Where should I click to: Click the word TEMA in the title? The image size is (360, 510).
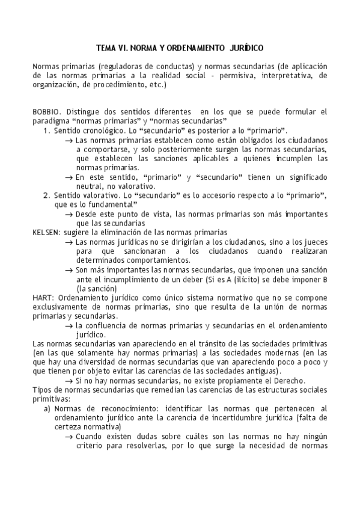click(108, 47)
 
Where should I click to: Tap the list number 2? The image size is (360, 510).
click(46, 195)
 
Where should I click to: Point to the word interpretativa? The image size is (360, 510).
click(278, 76)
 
